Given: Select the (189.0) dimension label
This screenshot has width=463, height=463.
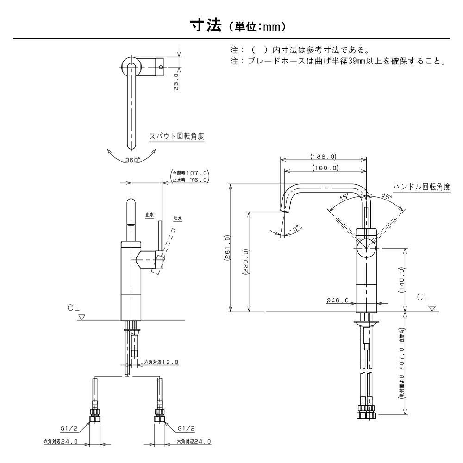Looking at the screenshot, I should click(x=324, y=156).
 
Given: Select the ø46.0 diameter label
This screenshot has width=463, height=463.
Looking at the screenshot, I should click(x=337, y=301).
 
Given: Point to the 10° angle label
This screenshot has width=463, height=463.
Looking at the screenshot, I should click(x=294, y=228).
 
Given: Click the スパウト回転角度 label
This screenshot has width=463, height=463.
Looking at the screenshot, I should click(x=176, y=137).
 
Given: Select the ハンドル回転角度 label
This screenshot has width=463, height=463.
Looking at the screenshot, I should click(x=422, y=187).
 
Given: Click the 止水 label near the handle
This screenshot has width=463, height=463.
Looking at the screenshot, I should click(x=150, y=215).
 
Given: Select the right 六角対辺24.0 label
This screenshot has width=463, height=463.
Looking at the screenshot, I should click(x=194, y=442).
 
